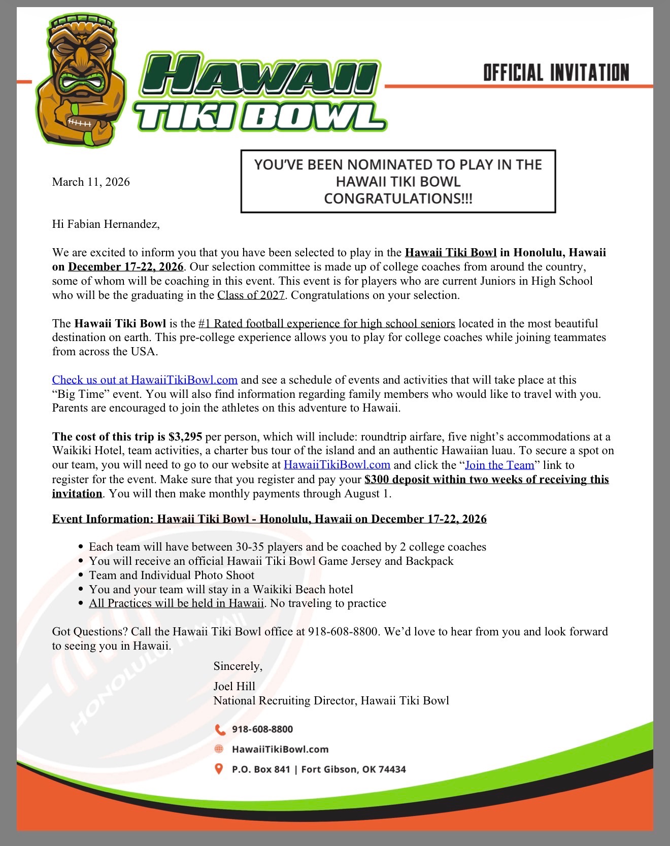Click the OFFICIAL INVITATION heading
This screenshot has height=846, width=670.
(x=556, y=73)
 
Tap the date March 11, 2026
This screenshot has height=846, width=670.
(x=91, y=182)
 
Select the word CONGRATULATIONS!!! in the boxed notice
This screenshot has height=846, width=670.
(x=398, y=198)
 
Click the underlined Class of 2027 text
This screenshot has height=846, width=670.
(x=251, y=295)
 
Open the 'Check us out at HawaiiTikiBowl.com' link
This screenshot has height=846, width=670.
(x=145, y=380)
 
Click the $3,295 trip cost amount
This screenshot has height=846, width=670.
(x=185, y=436)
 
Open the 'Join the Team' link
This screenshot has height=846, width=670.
(x=499, y=465)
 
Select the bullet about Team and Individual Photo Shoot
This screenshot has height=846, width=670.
(x=172, y=575)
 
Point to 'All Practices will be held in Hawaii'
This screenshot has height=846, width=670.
(x=176, y=603)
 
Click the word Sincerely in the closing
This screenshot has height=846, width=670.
(x=238, y=666)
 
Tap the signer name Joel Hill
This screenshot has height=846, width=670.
(x=234, y=686)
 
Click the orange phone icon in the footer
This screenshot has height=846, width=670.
(x=220, y=729)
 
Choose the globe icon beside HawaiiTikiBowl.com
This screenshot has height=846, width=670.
(x=219, y=749)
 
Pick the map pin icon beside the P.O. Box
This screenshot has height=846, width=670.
(x=219, y=769)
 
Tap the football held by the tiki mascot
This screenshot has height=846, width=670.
(x=80, y=123)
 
